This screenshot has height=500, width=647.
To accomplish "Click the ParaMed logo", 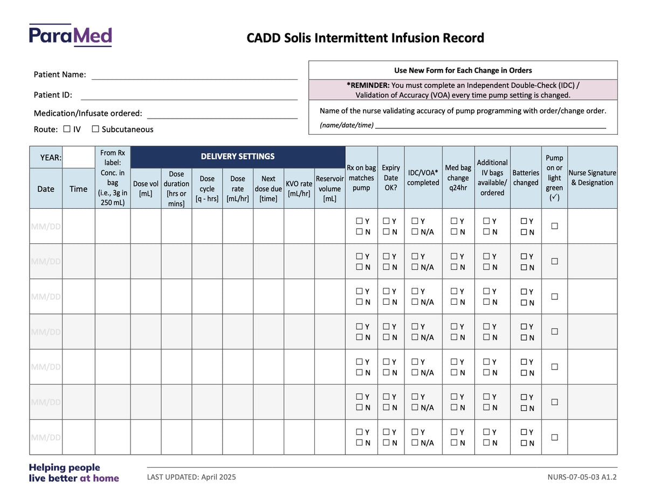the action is tap(70, 35).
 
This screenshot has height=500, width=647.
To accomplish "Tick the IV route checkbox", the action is tap(67, 129).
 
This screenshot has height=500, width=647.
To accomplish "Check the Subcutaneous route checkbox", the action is tap(95, 129).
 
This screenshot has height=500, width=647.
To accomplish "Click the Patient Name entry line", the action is tap(195, 79).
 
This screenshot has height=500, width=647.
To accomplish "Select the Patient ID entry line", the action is tap(189, 100).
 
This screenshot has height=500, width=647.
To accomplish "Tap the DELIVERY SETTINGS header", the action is tap(238, 156).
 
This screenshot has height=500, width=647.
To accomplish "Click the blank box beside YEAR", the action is tap(79, 157).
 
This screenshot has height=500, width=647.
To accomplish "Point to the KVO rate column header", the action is tap(299, 188).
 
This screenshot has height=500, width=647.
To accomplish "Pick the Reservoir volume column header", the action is tap(329, 188).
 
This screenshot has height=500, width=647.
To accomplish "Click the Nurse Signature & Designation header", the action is tap(592, 177).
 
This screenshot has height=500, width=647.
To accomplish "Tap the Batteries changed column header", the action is tap(526, 177).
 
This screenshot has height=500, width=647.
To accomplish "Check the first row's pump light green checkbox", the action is tap(554, 226).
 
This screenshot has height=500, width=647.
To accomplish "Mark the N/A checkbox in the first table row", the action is tap(415, 231).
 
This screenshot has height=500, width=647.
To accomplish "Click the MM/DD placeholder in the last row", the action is tap(46, 437).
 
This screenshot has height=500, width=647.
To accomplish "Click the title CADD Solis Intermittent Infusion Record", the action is tap(366, 38).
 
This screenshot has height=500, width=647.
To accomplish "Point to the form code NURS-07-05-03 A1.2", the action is tap(582, 477).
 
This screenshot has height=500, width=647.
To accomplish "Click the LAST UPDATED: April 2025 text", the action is tap(191, 477).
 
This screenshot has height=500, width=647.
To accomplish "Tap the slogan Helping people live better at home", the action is tap(74, 472).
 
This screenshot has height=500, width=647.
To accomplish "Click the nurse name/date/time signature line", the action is tap(491, 128).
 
